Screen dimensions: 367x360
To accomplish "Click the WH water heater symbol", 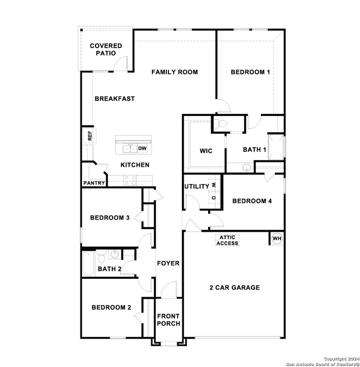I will [x=277, y=239].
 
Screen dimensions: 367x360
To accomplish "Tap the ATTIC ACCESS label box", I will [x=227, y=240].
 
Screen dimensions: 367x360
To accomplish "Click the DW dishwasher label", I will [x=142, y=149].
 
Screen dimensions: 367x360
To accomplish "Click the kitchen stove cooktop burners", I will [x=130, y=180].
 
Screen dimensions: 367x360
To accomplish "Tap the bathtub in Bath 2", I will [x=88, y=263].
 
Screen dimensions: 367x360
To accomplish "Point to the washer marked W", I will [x=213, y=185].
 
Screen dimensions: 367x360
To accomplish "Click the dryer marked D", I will [x=213, y=198].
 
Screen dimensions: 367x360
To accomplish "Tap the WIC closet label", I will [x=206, y=151].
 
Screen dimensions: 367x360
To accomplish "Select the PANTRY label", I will [x=94, y=183].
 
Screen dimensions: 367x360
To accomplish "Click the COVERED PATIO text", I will [x=106, y=50].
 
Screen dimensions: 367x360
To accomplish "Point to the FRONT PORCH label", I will [x=168, y=320].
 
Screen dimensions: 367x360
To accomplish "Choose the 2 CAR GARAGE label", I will [x=234, y=288].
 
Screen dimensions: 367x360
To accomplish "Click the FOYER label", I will [x=168, y=263].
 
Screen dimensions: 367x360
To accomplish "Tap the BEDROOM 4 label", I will [x=252, y=201].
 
